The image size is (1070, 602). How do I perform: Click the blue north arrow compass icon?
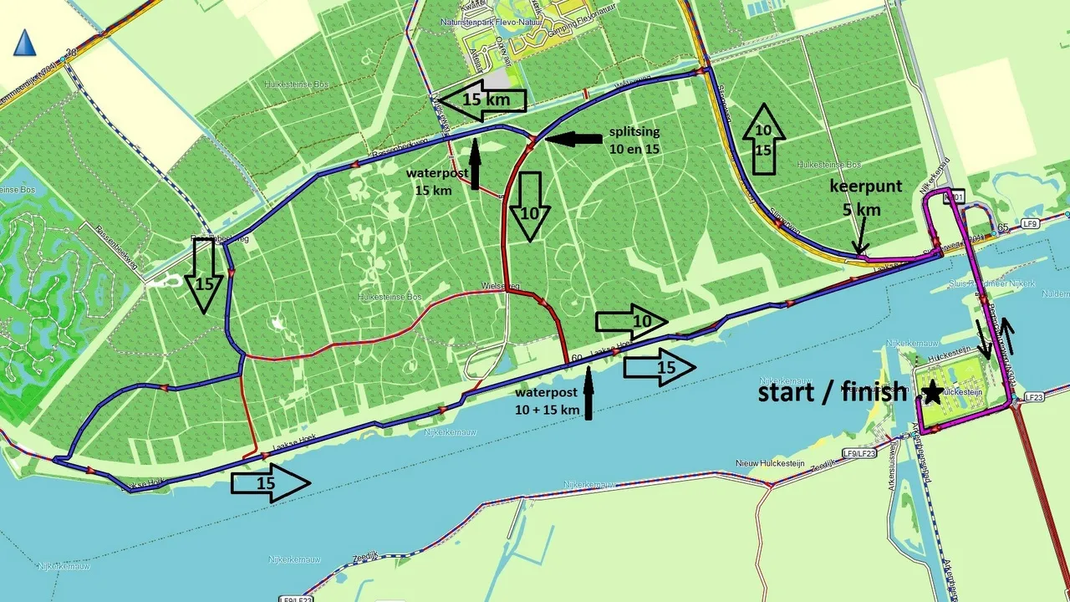25,43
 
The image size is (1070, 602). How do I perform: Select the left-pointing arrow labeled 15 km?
482,101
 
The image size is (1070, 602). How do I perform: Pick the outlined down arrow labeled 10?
530,207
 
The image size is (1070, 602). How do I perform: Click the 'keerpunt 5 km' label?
866,197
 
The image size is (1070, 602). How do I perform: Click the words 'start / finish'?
832,391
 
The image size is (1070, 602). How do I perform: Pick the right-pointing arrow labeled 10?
632,321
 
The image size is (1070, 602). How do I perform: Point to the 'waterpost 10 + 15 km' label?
548,400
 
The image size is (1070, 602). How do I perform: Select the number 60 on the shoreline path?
575,359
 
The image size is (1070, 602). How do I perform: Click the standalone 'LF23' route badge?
1034,397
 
